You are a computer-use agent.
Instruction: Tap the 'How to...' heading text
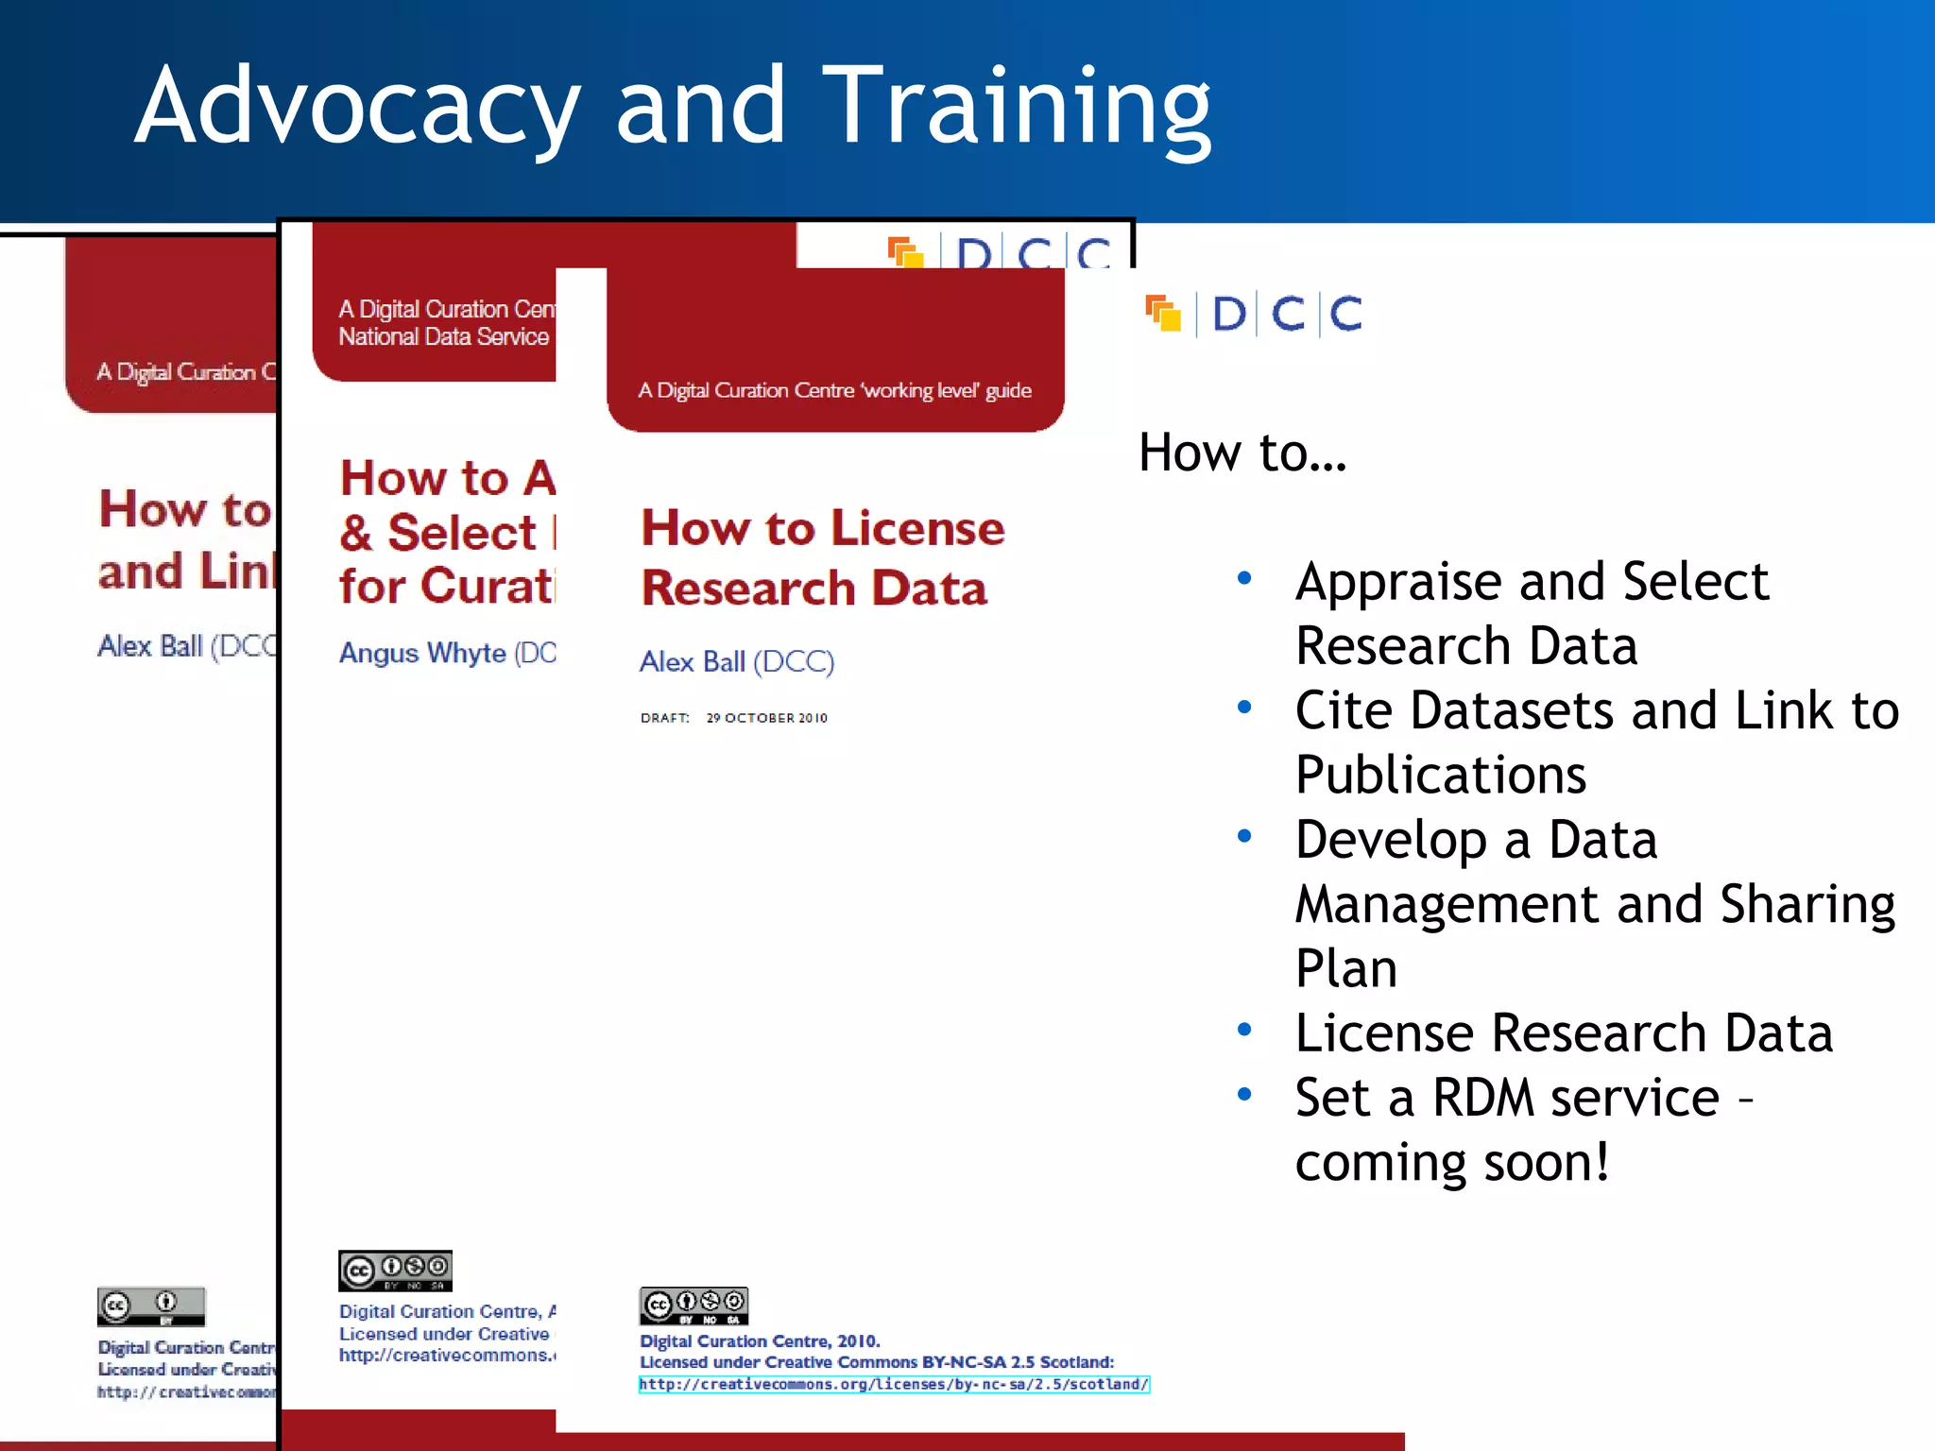(x=1241, y=452)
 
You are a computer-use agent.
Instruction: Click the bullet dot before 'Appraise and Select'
(x=1244, y=578)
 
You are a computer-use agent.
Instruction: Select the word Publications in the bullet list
(x=1440, y=775)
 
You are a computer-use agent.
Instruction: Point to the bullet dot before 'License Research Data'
(x=1244, y=1030)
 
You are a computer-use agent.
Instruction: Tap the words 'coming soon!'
(x=1451, y=1162)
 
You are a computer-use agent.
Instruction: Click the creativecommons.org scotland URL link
(x=894, y=1384)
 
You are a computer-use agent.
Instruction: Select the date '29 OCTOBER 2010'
(x=766, y=718)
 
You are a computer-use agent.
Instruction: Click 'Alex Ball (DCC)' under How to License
(x=737, y=661)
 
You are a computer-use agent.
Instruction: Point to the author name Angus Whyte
(x=422, y=653)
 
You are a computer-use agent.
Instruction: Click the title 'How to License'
(x=822, y=527)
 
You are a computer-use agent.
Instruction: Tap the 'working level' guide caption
(x=834, y=390)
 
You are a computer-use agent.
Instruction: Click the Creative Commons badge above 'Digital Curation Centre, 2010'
(x=694, y=1306)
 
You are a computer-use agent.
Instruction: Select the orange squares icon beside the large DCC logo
(x=1163, y=314)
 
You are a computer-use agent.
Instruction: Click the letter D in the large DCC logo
(x=1228, y=314)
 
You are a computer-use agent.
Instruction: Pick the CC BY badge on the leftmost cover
(x=151, y=1307)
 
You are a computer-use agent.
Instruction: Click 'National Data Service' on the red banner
(x=443, y=337)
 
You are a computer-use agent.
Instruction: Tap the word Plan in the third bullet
(x=1345, y=968)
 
